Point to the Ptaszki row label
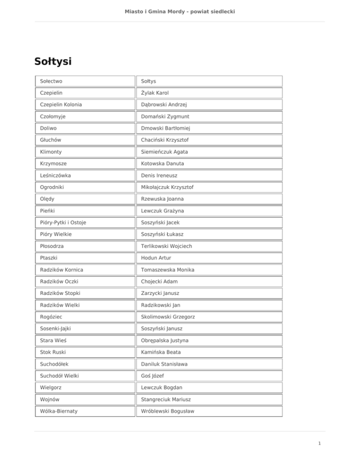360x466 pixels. pos(49,258)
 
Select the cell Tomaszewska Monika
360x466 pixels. pos(168,270)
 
